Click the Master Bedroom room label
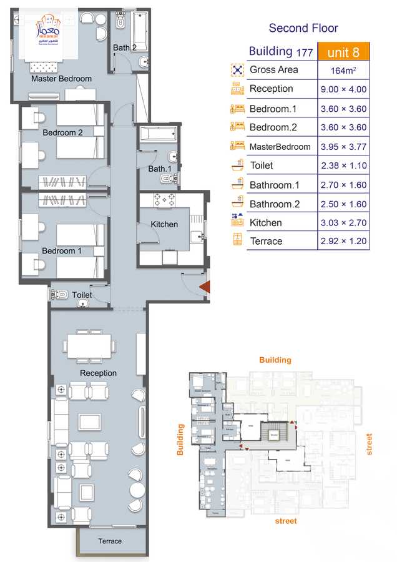(x=61, y=79)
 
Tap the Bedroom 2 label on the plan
(x=62, y=132)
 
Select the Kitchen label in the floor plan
(x=164, y=224)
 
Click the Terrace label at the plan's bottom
(x=110, y=541)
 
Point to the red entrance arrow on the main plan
(x=203, y=287)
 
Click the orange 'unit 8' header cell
(x=343, y=52)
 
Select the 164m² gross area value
(x=343, y=71)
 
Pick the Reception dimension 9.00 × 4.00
(x=343, y=89)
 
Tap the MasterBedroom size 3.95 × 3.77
(x=343, y=147)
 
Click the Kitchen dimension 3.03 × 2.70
(x=343, y=223)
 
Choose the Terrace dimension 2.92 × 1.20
(x=343, y=242)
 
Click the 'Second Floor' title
(x=303, y=28)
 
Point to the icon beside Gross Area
(x=237, y=70)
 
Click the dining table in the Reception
(x=89, y=345)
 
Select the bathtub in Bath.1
(x=158, y=134)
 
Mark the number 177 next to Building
(x=305, y=52)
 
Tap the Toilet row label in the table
(x=261, y=165)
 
